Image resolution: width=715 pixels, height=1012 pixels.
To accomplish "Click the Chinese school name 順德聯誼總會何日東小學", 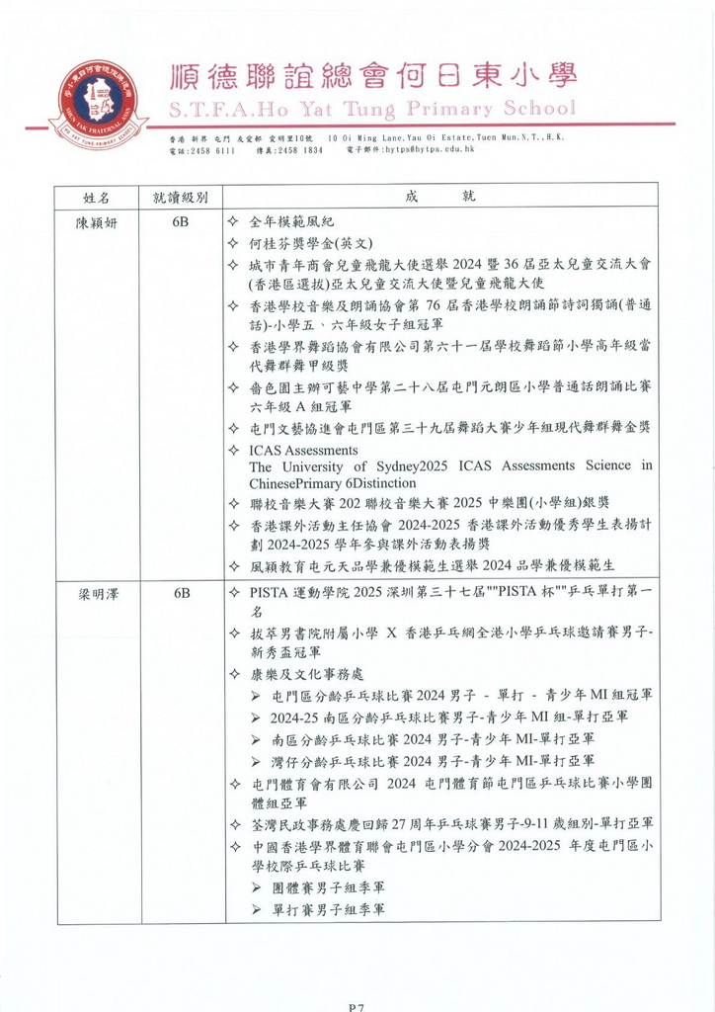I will pyautogui.click(x=372, y=76).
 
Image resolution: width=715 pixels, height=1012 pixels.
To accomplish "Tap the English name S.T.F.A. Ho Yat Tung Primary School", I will pyautogui.click(x=371, y=108).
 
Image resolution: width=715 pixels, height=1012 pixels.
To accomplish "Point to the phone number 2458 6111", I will pyautogui.click(x=212, y=149).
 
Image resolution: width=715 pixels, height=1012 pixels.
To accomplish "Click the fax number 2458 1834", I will pyautogui.click(x=300, y=149).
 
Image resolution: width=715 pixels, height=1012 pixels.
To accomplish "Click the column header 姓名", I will pyautogui.click(x=97, y=197).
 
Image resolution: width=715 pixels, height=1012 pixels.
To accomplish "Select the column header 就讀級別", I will pyautogui.click(x=180, y=197).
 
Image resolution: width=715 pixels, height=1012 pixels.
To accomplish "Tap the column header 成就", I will pyautogui.click(x=439, y=197).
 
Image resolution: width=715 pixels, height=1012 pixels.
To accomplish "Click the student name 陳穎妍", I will pyautogui.click(x=97, y=222).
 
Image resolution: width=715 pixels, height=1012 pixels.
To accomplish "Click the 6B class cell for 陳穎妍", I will pyautogui.click(x=181, y=222).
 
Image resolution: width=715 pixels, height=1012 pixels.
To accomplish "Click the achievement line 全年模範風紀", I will pyautogui.click(x=297, y=222).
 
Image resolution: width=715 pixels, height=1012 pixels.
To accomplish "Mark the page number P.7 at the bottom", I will pyautogui.click(x=357, y=1007).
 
